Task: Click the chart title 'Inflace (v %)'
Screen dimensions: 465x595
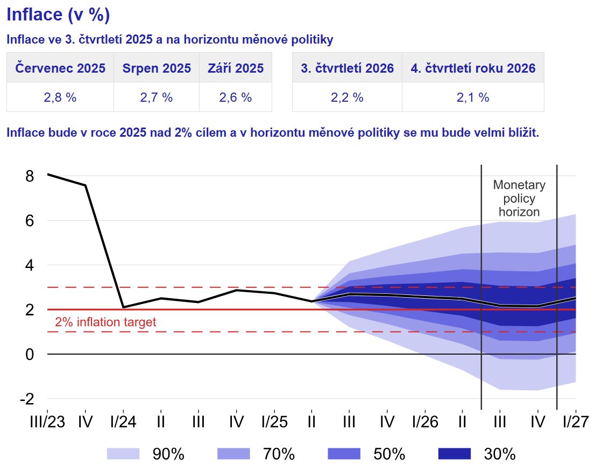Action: pyautogui.click(x=58, y=15)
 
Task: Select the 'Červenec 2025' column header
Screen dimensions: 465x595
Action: pyautogui.click(x=60, y=68)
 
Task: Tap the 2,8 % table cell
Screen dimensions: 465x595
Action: pyautogui.click(x=60, y=97)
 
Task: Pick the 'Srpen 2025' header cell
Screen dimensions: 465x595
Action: pyautogui.click(x=157, y=68)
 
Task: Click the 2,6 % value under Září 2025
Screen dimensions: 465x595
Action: pyautogui.click(x=236, y=97)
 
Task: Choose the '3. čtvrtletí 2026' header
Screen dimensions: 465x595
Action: pyautogui.click(x=347, y=68)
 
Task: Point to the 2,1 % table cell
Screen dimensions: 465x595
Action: pyautogui.click(x=473, y=97)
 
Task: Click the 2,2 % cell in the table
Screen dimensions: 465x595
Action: pyautogui.click(x=347, y=97)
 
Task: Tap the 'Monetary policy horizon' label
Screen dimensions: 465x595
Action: pyautogui.click(x=519, y=199)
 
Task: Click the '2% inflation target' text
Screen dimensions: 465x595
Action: pyautogui.click(x=105, y=322)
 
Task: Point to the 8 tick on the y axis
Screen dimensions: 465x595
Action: pyautogui.click(x=29, y=176)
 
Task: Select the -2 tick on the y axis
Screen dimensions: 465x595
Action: pyautogui.click(x=27, y=399)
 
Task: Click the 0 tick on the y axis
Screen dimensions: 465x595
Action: pyautogui.click(x=29, y=354)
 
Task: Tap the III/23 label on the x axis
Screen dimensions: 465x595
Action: pyautogui.click(x=47, y=421)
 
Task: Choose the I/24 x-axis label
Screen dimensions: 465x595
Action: pyautogui.click(x=123, y=421)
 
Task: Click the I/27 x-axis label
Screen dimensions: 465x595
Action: pyautogui.click(x=575, y=421)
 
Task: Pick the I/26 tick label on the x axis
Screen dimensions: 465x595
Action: pyautogui.click(x=424, y=421)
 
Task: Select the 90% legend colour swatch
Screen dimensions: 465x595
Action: pyautogui.click(x=123, y=454)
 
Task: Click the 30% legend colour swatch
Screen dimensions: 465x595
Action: pyautogui.click(x=455, y=454)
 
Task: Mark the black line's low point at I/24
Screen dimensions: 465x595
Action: pyautogui.click(x=123, y=307)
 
